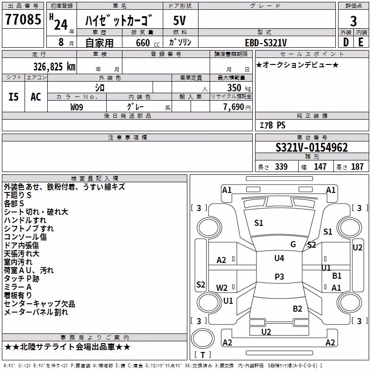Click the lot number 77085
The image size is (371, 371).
pyautogui.click(x=23, y=19)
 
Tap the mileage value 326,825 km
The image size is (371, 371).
pyautogui.click(x=54, y=67)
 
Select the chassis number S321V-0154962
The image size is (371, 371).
pyautogui.click(x=312, y=147)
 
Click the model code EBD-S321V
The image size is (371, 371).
pyautogui.click(x=266, y=43)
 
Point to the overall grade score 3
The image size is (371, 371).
pyautogui.click(x=353, y=21)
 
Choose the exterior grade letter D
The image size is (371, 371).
pyautogui.click(x=346, y=42)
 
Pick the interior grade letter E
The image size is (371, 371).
pyautogui.click(x=361, y=42)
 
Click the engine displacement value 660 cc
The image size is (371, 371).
pyautogui.click(x=147, y=43)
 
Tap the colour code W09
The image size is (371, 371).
pyautogui.click(x=77, y=107)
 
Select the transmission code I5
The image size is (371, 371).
pyautogui.click(x=13, y=97)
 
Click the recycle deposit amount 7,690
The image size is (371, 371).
pyautogui.click(x=234, y=107)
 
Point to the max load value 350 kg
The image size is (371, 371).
pyautogui.click(x=239, y=88)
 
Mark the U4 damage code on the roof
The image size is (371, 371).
pyautogui.click(x=279, y=258)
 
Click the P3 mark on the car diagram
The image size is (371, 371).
pyautogui.click(x=279, y=276)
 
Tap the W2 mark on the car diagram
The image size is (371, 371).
pyautogui.click(x=222, y=288)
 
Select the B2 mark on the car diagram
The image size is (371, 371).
pyautogui.click(x=297, y=308)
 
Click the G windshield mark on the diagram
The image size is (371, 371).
pyautogui.click(x=293, y=244)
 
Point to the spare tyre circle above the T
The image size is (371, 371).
pyautogui.click(x=203, y=339)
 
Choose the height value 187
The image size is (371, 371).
pyautogui.click(x=357, y=166)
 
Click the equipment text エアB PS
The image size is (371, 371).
pyautogui.click(x=272, y=125)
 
